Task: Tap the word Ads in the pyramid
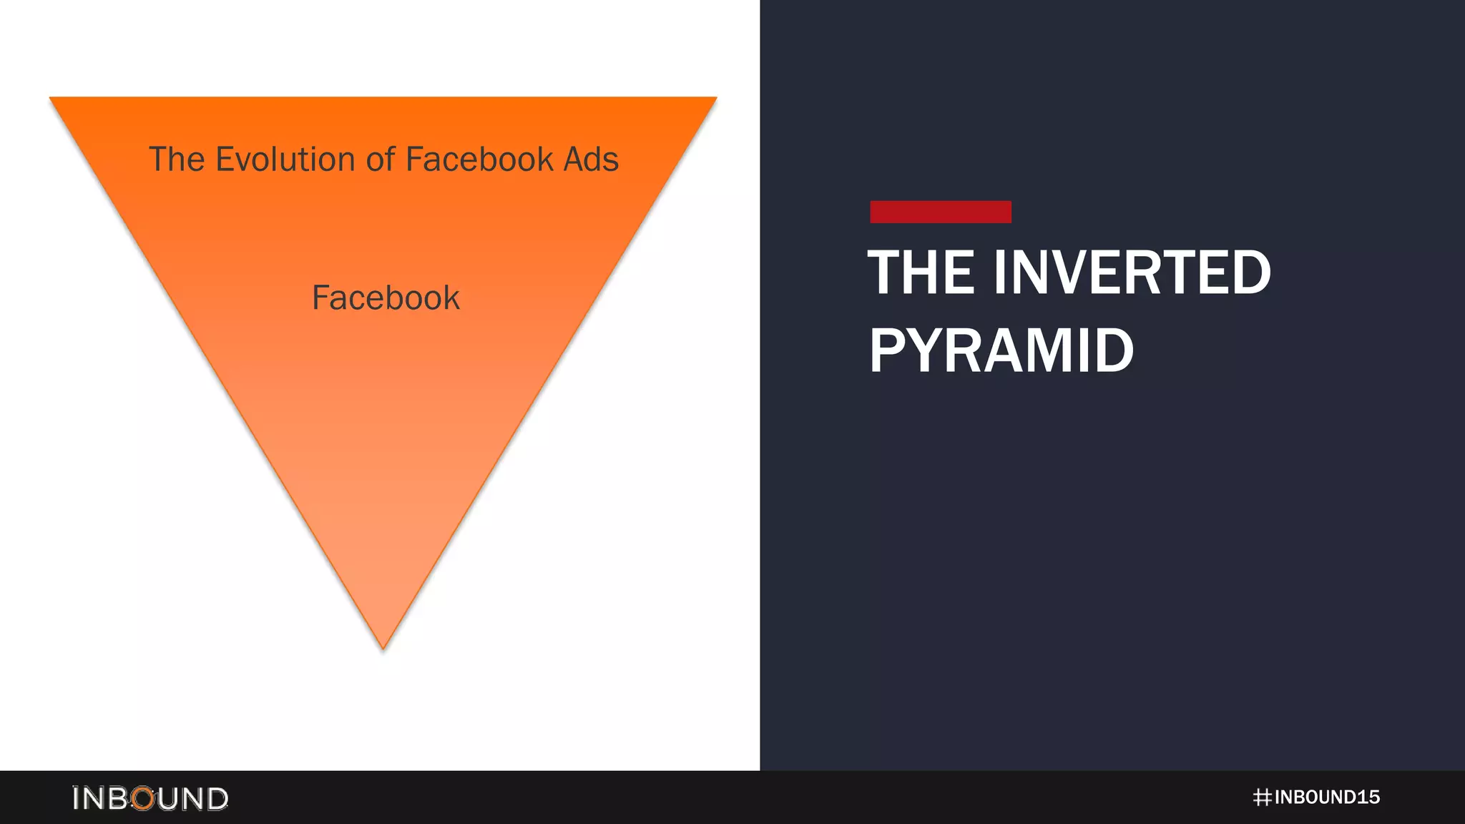pyautogui.click(x=591, y=159)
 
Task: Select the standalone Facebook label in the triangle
pyautogui.click(x=386, y=298)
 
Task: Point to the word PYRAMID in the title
pyautogui.click(x=1001, y=350)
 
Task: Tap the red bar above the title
pyautogui.click(x=940, y=212)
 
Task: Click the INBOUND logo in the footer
pyautogui.click(x=150, y=798)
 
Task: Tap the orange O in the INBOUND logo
pyautogui.click(x=144, y=798)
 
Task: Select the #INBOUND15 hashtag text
pyautogui.click(x=1316, y=798)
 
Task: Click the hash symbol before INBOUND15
pyautogui.click(x=1263, y=798)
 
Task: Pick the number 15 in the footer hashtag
pyautogui.click(x=1368, y=798)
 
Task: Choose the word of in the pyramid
pyautogui.click(x=380, y=159)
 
